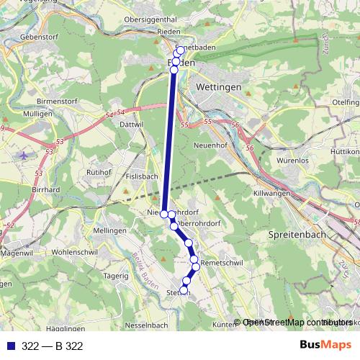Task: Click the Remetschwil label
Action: (x=221, y=264)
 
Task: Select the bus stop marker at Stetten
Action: (x=184, y=291)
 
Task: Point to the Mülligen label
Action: (x=37, y=114)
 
